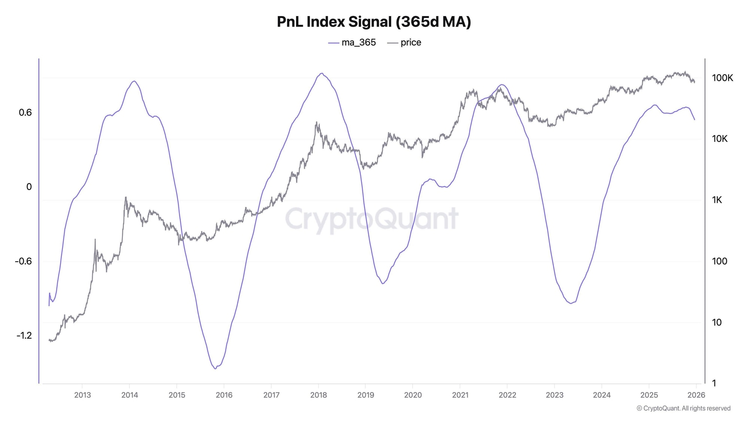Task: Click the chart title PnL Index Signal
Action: pyautogui.click(x=374, y=22)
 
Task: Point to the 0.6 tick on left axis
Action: pyautogui.click(x=25, y=113)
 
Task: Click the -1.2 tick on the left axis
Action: pyautogui.click(x=24, y=335)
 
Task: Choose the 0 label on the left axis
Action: pyautogui.click(x=29, y=187)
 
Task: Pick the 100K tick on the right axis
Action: pyautogui.click(x=722, y=78)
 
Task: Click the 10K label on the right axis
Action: pyautogui.click(x=720, y=139)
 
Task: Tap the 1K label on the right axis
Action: pyautogui.click(x=717, y=200)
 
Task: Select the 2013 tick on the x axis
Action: pyautogui.click(x=82, y=395)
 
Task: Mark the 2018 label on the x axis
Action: pyautogui.click(x=318, y=395)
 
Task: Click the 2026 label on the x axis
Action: pyautogui.click(x=696, y=395)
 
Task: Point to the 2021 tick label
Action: pyautogui.click(x=460, y=395)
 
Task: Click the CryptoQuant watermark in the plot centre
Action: pyautogui.click(x=372, y=219)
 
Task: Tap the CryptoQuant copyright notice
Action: pyautogui.click(x=683, y=408)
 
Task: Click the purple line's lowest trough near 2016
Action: pyautogui.click(x=215, y=368)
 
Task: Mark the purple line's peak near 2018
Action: pyautogui.click(x=321, y=74)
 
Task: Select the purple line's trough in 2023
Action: pyautogui.click(x=571, y=303)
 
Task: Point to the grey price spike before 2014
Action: pyautogui.click(x=125, y=197)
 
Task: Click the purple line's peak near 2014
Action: pyautogui.click(x=134, y=81)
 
